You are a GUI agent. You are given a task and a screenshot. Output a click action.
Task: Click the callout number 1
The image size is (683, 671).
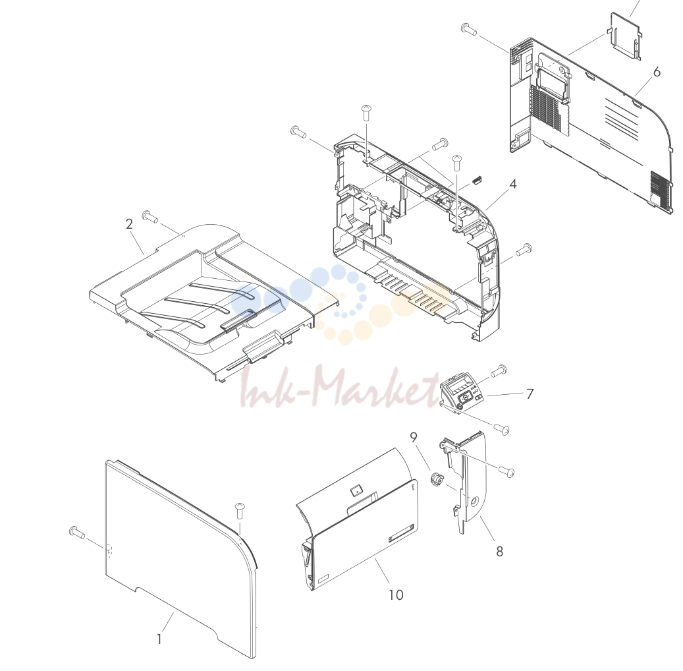click(x=159, y=639)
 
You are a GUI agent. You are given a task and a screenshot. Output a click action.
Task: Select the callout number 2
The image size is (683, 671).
click(x=129, y=223)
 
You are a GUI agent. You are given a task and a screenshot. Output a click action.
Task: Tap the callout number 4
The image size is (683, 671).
click(x=513, y=185)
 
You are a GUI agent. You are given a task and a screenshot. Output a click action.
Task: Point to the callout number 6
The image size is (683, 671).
click(x=657, y=72)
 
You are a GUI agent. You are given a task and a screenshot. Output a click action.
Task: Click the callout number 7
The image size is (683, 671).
click(x=530, y=394)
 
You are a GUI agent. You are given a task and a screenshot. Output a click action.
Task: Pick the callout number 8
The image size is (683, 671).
click(x=500, y=552)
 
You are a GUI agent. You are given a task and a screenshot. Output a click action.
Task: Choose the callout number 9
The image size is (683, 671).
click(x=414, y=437)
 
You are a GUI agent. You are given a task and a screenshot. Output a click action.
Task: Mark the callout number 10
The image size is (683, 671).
click(x=396, y=595)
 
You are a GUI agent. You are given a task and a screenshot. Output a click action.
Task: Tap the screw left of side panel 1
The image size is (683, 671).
click(x=77, y=532)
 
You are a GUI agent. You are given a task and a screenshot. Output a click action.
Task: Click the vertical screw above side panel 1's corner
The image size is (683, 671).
click(x=239, y=511)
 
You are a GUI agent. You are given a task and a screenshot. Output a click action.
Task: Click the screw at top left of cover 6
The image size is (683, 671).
click(x=469, y=30)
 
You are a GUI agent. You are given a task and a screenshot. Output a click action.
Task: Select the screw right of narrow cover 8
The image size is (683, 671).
click(x=506, y=471)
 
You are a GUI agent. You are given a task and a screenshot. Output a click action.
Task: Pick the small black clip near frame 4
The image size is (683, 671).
click(x=477, y=180)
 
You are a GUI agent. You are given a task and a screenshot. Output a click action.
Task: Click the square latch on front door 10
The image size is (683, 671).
click(x=356, y=490)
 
